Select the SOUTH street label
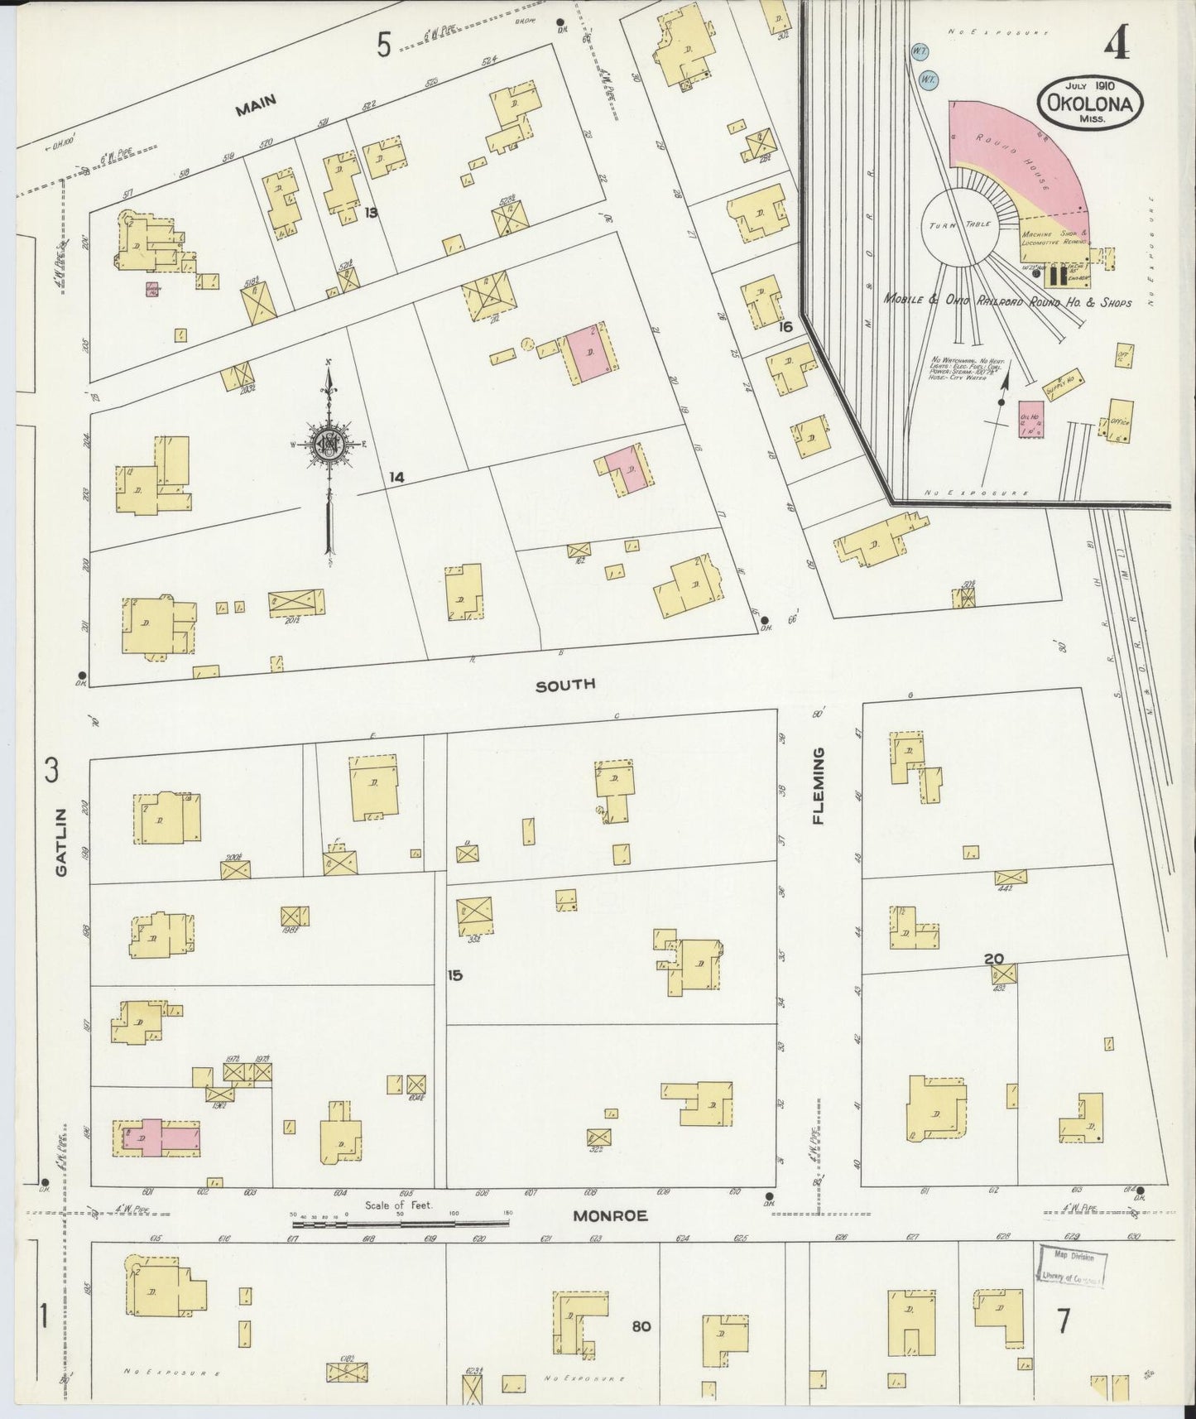(565, 685)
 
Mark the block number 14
(397, 478)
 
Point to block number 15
(454, 975)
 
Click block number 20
(994, 959)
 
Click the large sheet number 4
(1116, 46)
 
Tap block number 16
(785, 327)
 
